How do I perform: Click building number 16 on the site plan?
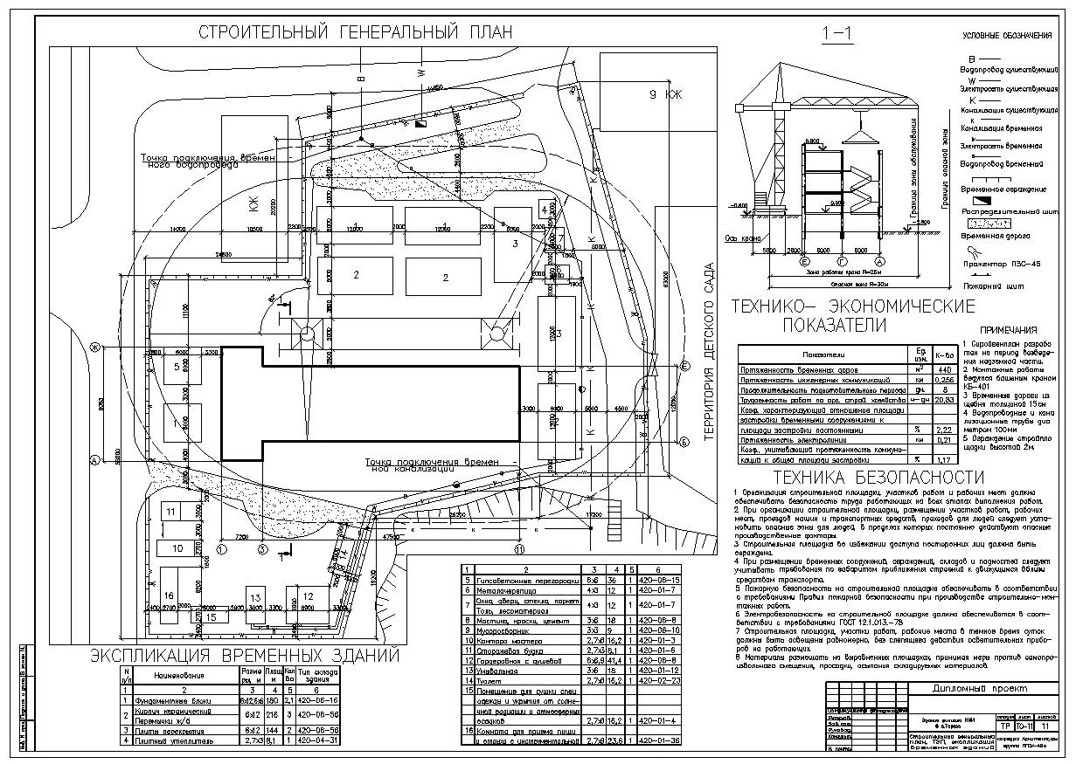(x=169, y=595)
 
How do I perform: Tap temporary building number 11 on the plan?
(x=172, y=511)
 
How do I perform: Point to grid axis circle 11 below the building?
(x=518, y=548)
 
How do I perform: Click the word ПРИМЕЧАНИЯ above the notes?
(x=1009, y=331)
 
